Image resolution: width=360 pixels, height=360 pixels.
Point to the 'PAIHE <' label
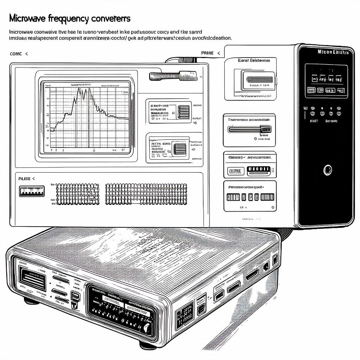click(211, 53)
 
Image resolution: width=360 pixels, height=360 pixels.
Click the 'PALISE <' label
click(27, 179)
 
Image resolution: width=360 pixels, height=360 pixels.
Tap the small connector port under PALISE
click(32, 191)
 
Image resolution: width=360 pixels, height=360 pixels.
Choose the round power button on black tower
click(327, 170)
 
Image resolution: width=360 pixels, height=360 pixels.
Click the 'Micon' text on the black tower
click(325, 52)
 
